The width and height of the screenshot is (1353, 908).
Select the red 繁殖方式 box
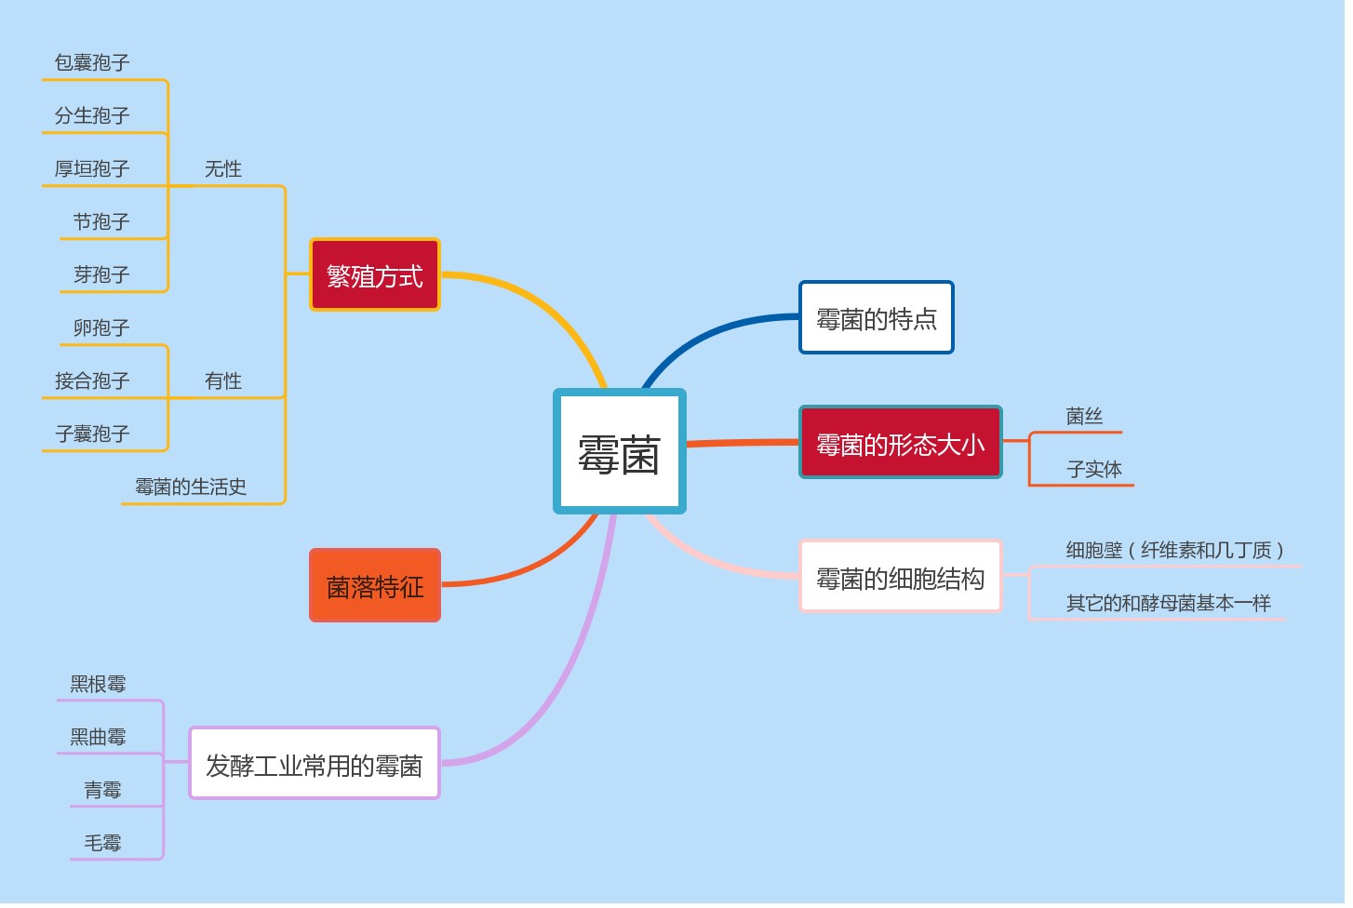coord(374,275)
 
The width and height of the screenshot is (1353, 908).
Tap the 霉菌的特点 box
coord(876,318)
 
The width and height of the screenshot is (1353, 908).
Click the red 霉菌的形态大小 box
coord(900,444)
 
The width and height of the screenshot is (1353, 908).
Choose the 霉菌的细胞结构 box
coord(900,578)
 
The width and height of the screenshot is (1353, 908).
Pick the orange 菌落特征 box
coord(374,586)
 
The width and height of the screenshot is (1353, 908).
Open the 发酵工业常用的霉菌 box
coord(314,765)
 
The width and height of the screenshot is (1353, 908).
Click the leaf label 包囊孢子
coord(91,62)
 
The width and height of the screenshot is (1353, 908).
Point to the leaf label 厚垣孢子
coord(91,168)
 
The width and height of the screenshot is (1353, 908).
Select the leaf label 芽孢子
coord(101,274)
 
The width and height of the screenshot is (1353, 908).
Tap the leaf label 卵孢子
coord(101,327)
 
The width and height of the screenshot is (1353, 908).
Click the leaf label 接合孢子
coord(91,381)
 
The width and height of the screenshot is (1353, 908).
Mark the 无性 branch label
coord(223,168)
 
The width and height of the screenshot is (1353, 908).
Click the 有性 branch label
coord(223,381)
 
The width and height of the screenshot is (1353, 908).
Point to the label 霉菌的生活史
coord(191,487)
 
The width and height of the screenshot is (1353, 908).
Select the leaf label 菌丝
coord(1084,416)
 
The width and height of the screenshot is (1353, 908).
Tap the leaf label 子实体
coord(1093,469)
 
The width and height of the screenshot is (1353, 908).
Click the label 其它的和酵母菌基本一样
coord(1168,603)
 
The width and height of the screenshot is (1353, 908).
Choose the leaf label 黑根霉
coord(98,684)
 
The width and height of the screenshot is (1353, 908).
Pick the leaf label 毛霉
coord(102,843)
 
